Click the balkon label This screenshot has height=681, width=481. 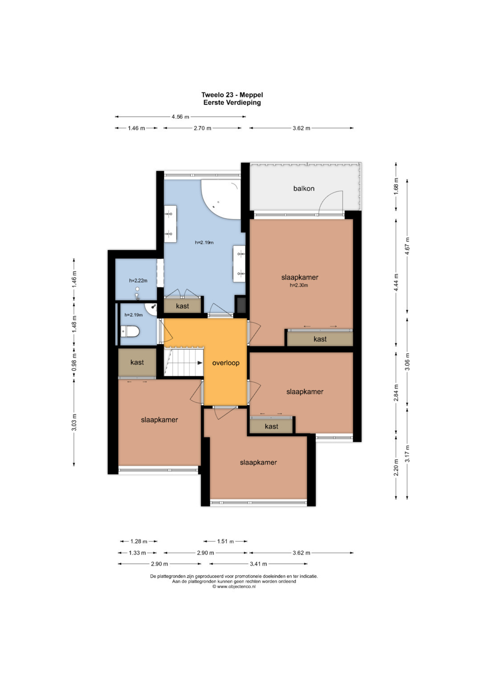[303, 189]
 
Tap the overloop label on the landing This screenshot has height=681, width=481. [226, 363]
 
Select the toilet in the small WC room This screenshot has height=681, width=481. [130, 331]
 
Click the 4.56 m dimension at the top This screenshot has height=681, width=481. [180, 116]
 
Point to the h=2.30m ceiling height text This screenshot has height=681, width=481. [299, 285]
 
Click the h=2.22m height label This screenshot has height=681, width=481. [138, 281]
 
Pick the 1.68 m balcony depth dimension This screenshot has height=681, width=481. [396, 187]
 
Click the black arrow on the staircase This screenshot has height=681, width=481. [200, 363]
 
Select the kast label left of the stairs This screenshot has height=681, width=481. [137, 362]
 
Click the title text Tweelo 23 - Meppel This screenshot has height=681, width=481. [232, 95]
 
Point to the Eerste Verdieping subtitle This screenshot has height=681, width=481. [232, 103]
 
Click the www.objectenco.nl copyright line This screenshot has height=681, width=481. [234, 586]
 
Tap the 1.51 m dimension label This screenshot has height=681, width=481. [225, 541]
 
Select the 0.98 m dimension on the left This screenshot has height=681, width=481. [74, 362]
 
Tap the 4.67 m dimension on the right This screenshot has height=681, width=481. [408, 246]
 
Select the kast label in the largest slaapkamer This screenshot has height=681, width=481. [320, 339]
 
